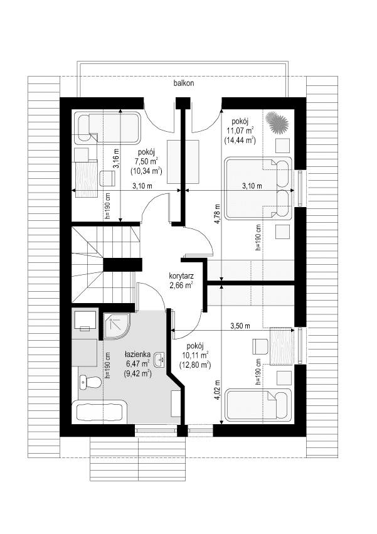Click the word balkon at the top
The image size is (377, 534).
pos(184,83)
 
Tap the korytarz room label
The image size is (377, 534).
pos(181,275)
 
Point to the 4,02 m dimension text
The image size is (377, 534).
pos(217,390)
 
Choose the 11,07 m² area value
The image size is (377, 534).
pos(240,131)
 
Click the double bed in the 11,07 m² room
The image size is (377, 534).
pos(257,188)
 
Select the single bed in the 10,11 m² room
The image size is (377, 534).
pos(258,405)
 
